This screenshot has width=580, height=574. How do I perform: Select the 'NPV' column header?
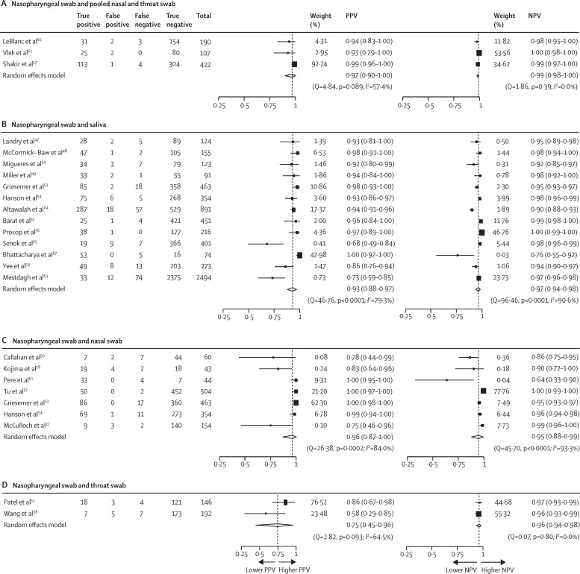click(x=534, y=15)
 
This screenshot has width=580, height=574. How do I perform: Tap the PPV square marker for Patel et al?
click(x=285, y=502)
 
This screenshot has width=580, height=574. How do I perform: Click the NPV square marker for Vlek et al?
click(x=478, y=53)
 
